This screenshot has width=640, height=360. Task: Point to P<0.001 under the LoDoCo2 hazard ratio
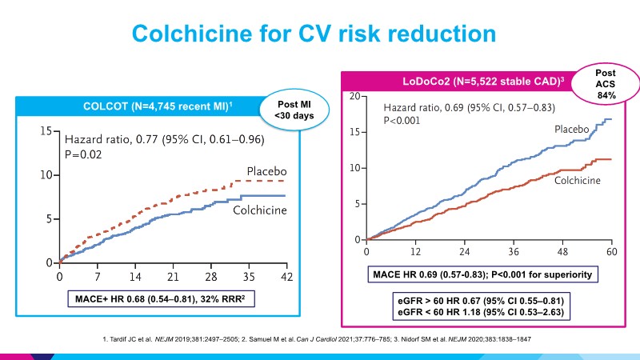(401, 122)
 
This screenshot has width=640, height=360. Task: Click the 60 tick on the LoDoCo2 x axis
(611, 252)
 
